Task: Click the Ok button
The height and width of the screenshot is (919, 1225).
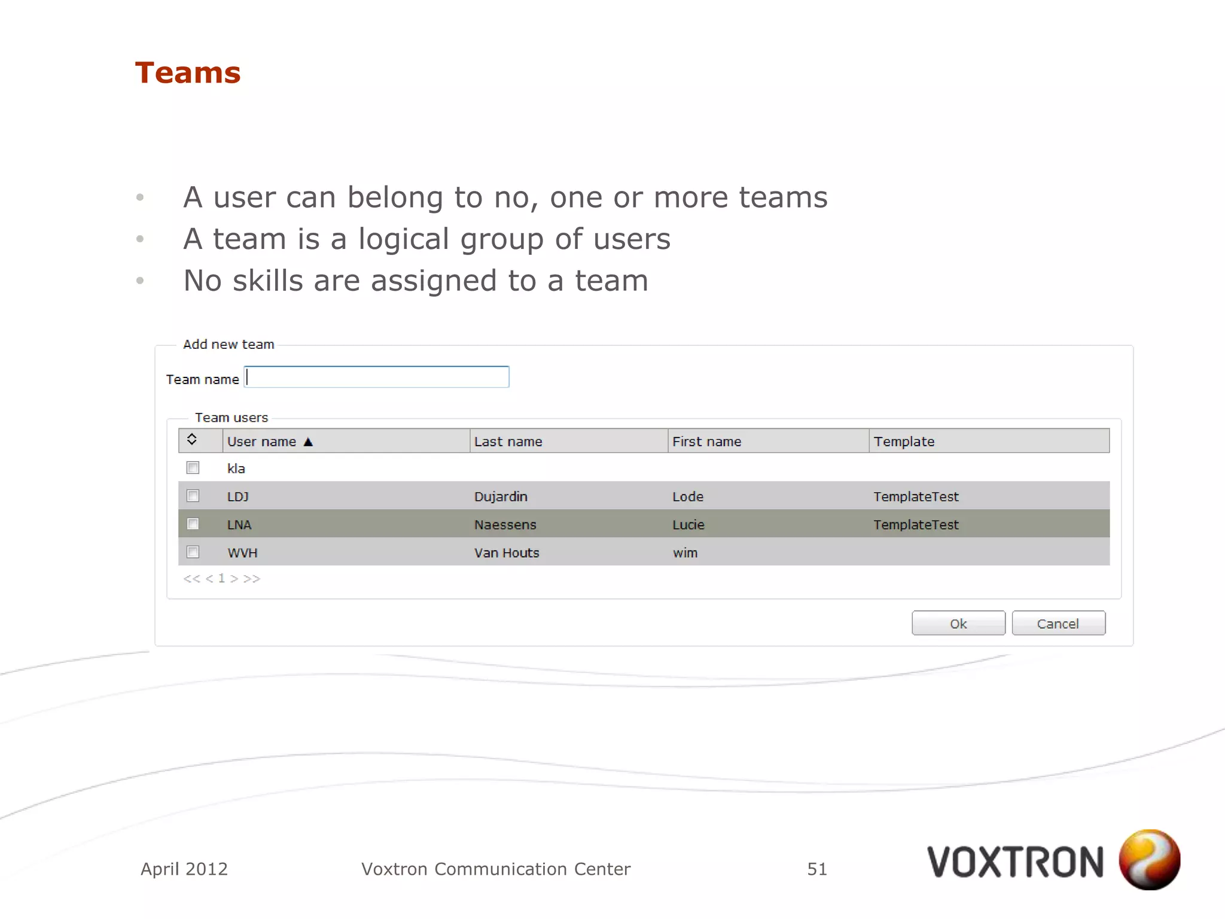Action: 958,623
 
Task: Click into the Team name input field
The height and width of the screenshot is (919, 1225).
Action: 377,378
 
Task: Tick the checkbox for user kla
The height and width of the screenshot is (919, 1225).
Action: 193,468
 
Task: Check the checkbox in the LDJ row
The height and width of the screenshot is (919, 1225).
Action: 193,496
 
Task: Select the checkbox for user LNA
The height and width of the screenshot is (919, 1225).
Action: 193,524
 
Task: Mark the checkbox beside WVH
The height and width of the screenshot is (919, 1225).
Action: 193,552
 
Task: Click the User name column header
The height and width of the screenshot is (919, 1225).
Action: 261,442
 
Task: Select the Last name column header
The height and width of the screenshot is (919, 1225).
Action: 508,442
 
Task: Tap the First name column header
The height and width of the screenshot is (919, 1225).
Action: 706,442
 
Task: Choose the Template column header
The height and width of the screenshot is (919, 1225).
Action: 903,442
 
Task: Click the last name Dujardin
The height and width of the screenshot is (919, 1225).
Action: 501,497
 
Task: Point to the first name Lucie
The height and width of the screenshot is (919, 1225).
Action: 688,525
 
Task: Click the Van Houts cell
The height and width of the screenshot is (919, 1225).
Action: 507,553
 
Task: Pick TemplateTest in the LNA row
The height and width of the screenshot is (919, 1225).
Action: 915,525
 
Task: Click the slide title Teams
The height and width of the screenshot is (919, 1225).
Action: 188,73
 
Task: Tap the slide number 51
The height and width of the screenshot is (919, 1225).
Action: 816,869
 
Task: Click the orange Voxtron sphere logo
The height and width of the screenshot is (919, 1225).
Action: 1149,859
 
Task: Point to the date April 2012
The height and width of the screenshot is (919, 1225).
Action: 184,869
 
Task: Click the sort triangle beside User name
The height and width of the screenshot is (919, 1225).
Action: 308,442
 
